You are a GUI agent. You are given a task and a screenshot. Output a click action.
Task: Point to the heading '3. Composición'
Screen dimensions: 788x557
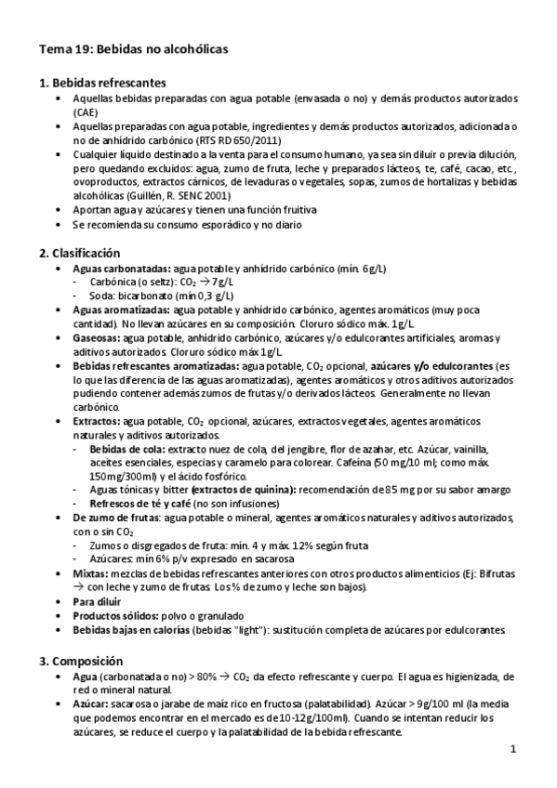[84, 663]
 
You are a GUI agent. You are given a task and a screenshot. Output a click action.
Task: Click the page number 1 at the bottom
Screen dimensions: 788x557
[512, 749]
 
